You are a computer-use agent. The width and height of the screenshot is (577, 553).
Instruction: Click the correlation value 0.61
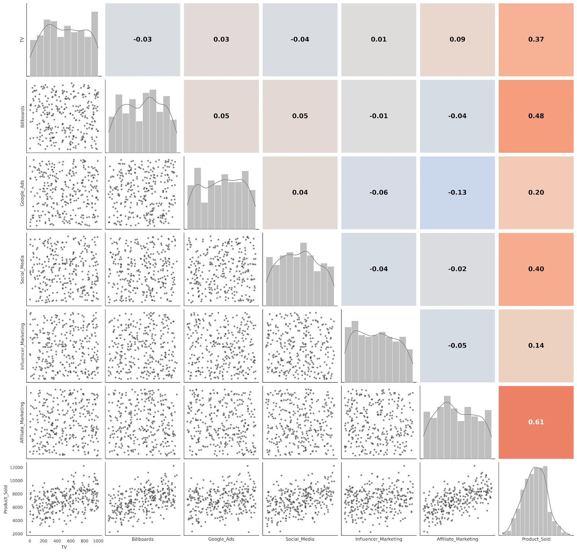click(536, 422)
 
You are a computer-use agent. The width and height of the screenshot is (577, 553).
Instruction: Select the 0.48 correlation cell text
click(536, 116)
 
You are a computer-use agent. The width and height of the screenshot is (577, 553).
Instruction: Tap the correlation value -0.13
click(457, 192)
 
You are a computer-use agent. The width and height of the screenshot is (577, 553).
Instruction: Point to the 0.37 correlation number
click(536, 39)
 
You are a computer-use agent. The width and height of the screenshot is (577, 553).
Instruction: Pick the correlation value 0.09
click(457, 39)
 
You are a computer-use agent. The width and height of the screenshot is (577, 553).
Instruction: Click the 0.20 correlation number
click(536, 192)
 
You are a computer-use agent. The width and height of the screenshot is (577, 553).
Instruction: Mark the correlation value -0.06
click(379, 192)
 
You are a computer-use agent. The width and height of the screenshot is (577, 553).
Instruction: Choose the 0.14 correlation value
click(536, 345)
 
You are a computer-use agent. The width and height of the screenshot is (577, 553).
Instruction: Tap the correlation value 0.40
click(536, 269)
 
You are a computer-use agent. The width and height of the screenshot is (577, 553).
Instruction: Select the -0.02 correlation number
click(457, 269)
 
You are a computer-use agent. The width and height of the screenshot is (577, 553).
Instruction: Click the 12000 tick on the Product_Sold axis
click(16, 468)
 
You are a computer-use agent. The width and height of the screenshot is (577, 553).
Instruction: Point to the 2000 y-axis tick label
click(18, 534)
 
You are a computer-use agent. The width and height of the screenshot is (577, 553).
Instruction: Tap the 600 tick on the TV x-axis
click(71, 541)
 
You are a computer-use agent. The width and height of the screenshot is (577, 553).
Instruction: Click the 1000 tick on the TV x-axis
click(98, 541)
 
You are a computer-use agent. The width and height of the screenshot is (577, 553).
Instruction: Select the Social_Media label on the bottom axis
click(300, 539)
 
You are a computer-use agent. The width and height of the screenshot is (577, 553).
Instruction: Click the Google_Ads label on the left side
click(22, 193)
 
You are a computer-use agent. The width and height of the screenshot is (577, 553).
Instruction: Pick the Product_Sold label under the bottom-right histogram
click(536, 539)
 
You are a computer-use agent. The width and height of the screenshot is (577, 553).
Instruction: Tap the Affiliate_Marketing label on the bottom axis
click(457, 539)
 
